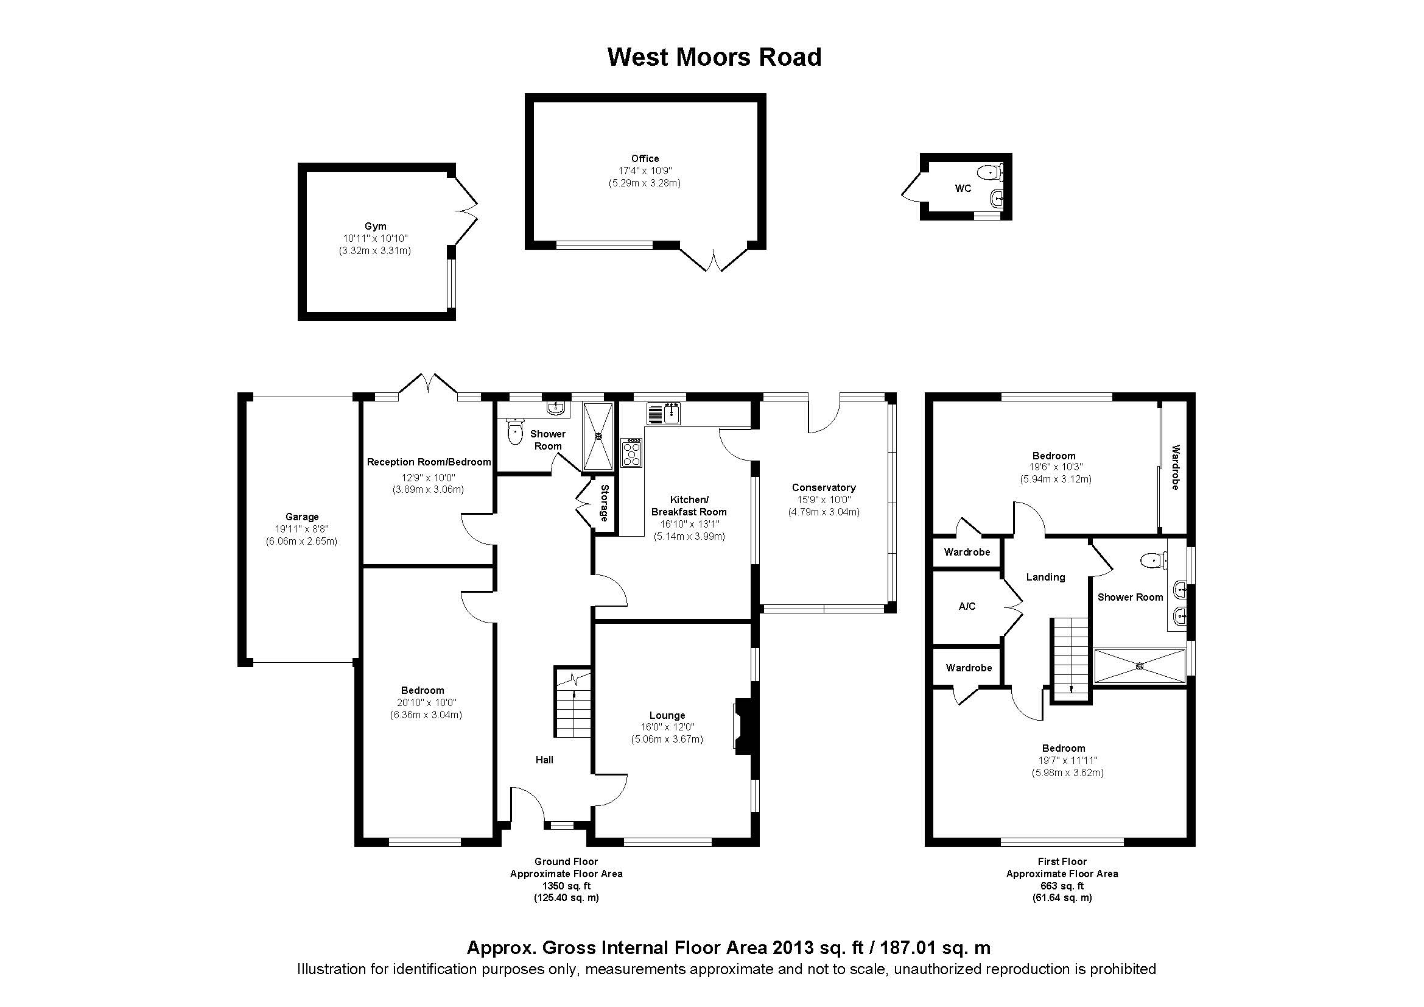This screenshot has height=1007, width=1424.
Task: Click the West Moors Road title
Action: tap(714, 57)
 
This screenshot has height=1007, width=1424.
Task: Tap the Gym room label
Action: tap(375, 227)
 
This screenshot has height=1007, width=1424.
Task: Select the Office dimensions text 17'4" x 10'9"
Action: tap(644, 171)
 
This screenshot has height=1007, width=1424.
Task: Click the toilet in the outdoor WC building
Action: tap(989, 171)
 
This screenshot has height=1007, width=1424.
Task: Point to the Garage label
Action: tap(302, 517)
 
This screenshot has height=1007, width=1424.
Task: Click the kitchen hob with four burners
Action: tap(632, 453)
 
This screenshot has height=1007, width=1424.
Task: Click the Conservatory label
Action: tap(824, 488)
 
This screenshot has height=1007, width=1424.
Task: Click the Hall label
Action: tap(544, 760)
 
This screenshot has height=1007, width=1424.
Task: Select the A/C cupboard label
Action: tap(967, 607)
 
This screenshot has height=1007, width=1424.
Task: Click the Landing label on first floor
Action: tap(1045, 577)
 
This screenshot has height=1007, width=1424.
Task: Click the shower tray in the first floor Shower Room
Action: tap(1139, 666)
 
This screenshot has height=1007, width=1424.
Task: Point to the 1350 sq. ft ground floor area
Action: tap(566, 886)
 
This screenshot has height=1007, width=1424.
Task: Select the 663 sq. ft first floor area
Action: tap(1062, 886)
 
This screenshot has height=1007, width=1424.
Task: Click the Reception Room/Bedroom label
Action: tap(429, 462)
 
